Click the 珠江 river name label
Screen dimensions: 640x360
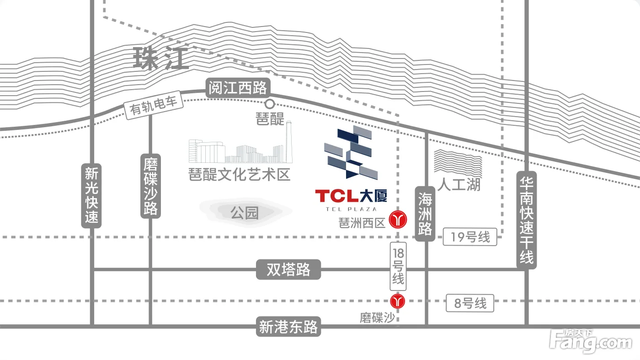(161, 59)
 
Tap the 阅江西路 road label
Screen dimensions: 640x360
(238, 87)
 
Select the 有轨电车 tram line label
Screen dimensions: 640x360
(154, 105)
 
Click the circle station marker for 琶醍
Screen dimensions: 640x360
(269, 104)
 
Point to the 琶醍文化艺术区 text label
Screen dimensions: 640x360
(240, 174)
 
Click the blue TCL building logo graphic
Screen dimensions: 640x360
(351, 152)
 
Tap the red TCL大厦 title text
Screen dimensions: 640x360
(351, 196)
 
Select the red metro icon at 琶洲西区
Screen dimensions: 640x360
(398, 219)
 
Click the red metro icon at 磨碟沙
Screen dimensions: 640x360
(397, 301)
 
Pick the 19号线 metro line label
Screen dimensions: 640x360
(470, 237)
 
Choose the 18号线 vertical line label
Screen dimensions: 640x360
(398, 266)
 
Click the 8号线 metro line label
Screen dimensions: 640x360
(470, 303)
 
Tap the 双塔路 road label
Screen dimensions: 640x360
(288, 269)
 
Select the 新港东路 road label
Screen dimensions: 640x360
(288, 327)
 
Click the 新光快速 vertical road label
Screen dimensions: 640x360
(91, 196)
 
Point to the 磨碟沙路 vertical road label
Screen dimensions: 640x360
(150, 186)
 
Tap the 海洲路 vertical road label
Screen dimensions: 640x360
(425, 214)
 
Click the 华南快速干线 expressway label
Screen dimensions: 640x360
(527, 220)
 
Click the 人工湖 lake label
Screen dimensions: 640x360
(459, 184)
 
